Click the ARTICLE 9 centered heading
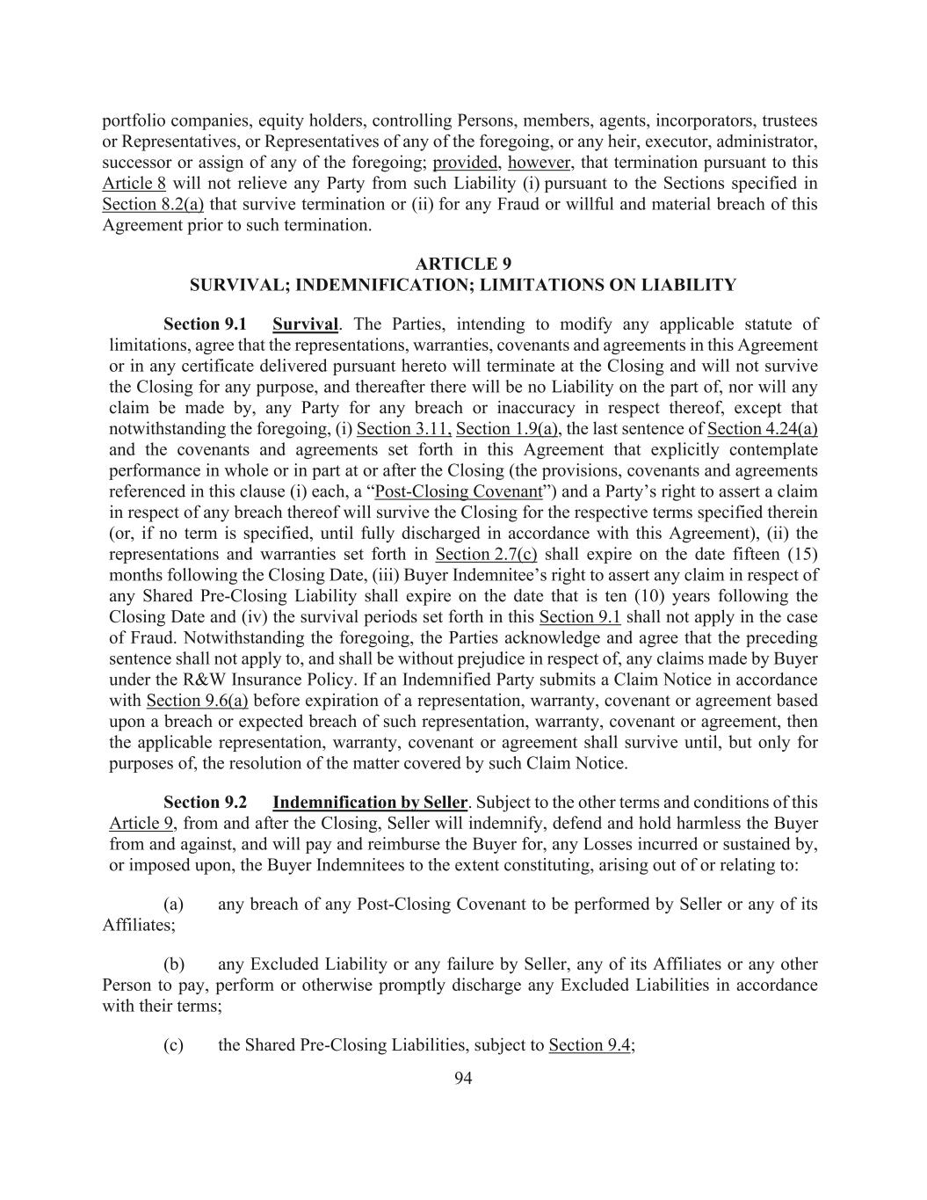click(x=463, y=264)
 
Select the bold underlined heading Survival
click(x=305, y=324)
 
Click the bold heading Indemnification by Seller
click(x=370, y=803)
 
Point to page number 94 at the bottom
click(x=463, y=1079)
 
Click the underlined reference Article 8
click(x=134, y=184)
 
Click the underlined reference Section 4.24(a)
click(x=762, y=429)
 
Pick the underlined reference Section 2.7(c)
click(x=486, y=555)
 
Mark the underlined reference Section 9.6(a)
click(x=197, y=701)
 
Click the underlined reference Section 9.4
click(x=590, y=1045)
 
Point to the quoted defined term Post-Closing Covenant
click(x=458, y=491)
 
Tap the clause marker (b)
click(x=174, y=964)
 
